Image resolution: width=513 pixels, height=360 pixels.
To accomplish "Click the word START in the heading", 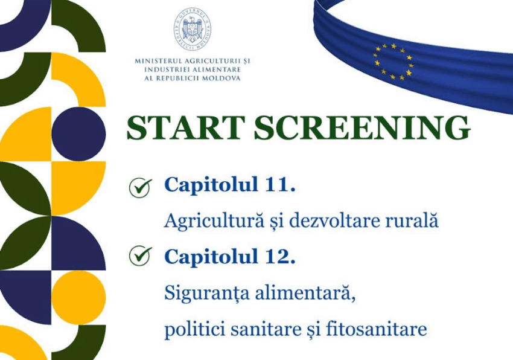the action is (x=186, y=128).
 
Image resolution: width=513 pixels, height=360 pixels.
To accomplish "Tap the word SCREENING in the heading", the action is (x=362, y=128).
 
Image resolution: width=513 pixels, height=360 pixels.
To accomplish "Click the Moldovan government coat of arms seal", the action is (x=193, y=29).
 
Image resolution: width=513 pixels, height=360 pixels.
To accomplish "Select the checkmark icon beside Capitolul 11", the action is (x=141, y=188).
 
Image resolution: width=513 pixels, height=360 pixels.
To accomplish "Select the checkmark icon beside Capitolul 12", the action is (x=141, y=256).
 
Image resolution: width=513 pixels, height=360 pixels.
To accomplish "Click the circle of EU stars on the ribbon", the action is (x=394, y=62).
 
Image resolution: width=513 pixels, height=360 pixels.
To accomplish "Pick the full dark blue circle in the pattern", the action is (x=78, y=134).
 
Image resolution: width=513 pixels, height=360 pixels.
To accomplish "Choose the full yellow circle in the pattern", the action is (x=78, y=297).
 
